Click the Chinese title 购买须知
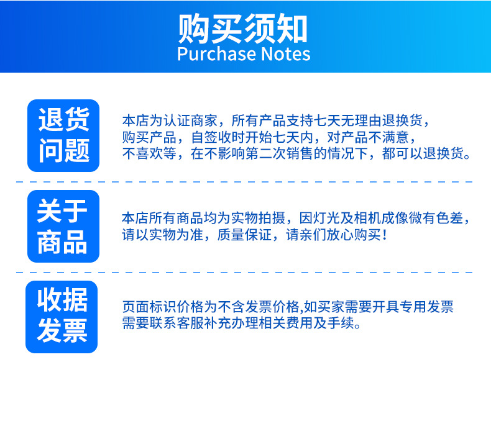point(243,28)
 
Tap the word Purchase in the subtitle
point(216,54)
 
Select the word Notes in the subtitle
point(285,54)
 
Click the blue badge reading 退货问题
point(63,135)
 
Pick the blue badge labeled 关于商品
point(63,226)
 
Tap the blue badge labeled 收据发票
point(62,317)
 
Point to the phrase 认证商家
point(191,121)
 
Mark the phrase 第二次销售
point(279,153)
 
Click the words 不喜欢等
point(149,153)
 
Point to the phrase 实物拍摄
point(259,218)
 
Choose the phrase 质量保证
point(244,235)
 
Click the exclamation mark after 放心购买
point(385,235)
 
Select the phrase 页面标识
point(149,307)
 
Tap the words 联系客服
point(177,323)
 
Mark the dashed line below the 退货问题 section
point(244,181)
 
